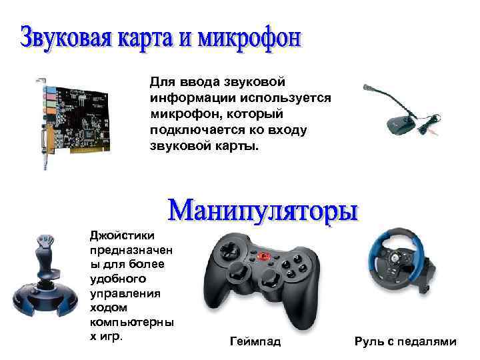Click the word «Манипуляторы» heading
[x=263, y=211]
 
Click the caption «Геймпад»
[x=255, y=342]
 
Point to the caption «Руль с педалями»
[x=405, y=342]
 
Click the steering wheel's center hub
[x=397, y=257]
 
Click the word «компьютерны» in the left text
[x=132, y=322]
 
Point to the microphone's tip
[x=365, y=87]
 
